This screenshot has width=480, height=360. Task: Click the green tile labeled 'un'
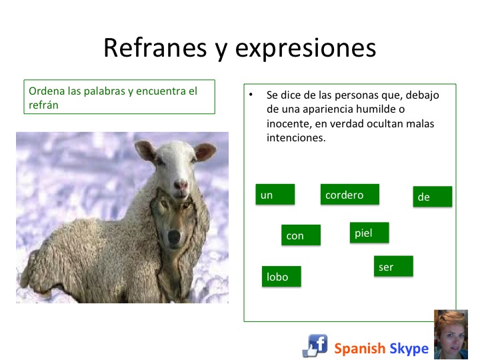coord(275,195)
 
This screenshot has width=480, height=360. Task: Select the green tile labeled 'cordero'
coord(349,195)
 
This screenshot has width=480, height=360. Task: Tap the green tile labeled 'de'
coord(432,197)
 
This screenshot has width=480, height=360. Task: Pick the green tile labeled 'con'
coord(301,235)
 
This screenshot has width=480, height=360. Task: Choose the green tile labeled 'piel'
coord(369,233)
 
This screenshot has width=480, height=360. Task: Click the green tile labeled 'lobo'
coord(281,277)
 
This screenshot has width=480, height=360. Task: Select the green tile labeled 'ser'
coord(393,266)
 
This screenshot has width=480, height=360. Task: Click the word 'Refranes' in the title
coord(155,48)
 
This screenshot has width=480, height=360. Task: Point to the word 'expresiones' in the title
coord(305,49)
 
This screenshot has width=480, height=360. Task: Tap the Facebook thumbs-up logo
coord(315,345)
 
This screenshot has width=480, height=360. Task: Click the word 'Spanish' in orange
coord(359,349)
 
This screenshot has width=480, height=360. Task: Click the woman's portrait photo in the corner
coord(451,334)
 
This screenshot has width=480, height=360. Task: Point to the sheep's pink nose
coord(181,185)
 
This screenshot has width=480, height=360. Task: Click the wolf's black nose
coord(174,236)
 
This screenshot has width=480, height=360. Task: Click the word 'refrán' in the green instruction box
coord(43,105)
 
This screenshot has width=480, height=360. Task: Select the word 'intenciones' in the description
coord(296,138)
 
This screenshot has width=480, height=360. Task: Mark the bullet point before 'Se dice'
coord(251,95)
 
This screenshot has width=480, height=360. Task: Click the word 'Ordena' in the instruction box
coord(47,91)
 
